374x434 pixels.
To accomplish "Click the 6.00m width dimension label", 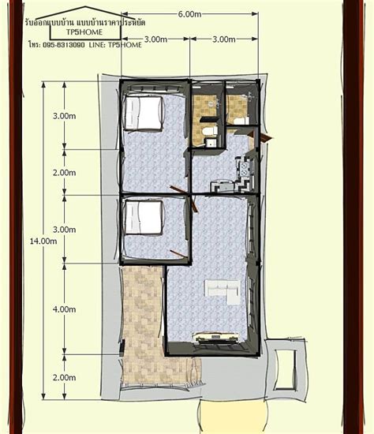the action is point(189,14).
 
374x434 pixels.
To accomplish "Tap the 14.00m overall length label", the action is point(43,241).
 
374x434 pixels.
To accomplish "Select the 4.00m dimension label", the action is point(64,309).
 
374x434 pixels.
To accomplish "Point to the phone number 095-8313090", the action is point(64,45).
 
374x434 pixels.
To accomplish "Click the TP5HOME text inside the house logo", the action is point(84,32).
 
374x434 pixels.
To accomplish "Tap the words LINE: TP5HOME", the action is point(115,45).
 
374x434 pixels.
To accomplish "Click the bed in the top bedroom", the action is point(143,113).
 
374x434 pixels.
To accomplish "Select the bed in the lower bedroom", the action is point(143,218).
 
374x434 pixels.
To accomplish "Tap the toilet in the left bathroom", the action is point(210,131).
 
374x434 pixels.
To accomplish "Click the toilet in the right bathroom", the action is point(241,121).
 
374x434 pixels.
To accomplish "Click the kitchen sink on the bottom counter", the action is point(223,186).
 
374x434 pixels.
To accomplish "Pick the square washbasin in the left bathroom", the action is point(211,143).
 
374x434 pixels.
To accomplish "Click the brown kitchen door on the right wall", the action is point(261,137).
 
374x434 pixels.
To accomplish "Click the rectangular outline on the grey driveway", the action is point(285,369).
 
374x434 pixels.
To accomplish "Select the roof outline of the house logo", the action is point(85,21).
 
